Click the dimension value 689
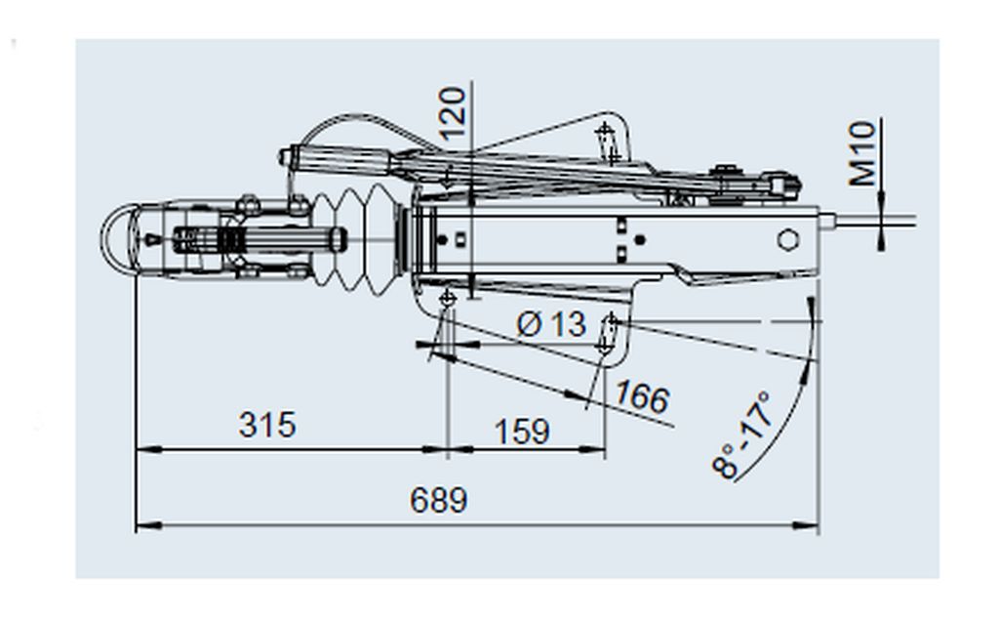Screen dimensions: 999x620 (438, 500)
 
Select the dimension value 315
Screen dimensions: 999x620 (267, 425)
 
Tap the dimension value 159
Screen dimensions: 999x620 (522, 432)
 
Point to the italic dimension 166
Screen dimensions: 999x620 (642, 396)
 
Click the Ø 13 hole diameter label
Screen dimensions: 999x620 (551, 324)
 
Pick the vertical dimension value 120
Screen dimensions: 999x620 (453, 113)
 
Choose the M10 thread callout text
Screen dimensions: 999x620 (862, 153)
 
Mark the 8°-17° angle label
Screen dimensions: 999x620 (742, 435)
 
